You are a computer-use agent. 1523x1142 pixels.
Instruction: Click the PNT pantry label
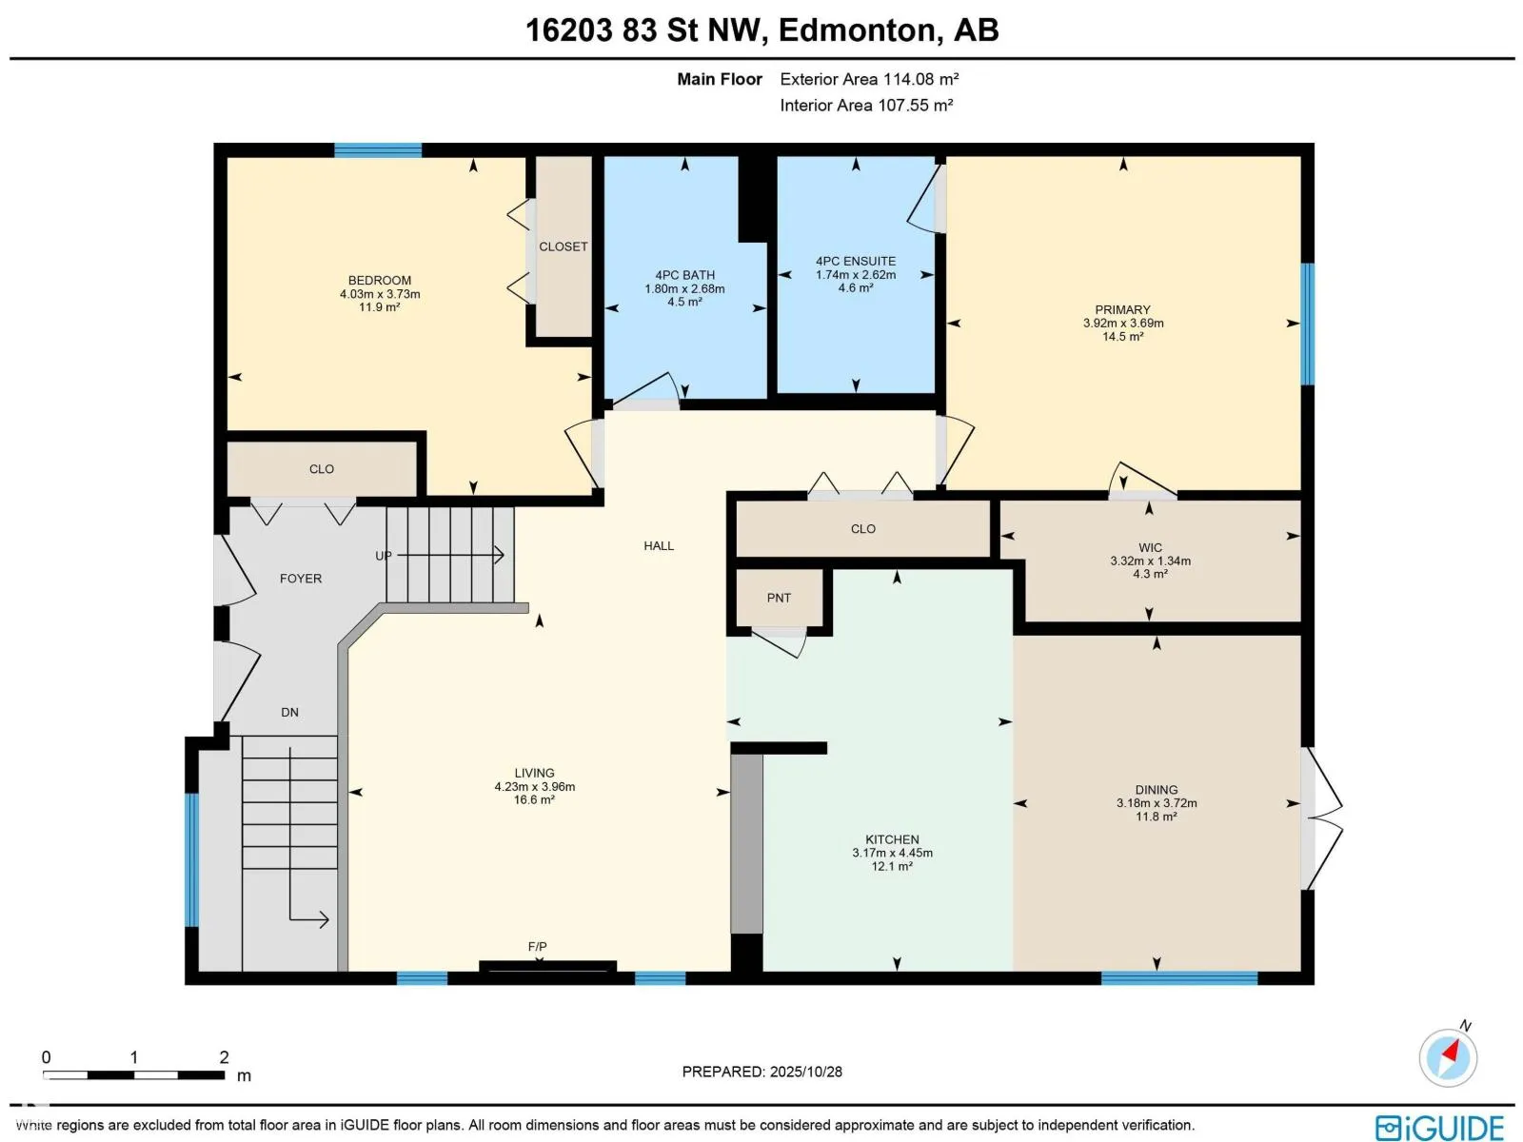779,598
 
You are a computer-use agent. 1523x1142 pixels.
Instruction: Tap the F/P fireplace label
537,947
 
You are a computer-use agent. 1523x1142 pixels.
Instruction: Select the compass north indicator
1448,1056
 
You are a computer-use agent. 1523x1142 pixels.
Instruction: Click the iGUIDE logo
1439,1128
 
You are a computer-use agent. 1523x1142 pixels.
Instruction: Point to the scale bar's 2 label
224,1056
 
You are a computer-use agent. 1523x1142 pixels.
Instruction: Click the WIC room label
1150,548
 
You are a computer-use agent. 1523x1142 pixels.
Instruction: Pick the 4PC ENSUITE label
856,261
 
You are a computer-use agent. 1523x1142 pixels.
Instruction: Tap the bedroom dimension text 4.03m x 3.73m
380,294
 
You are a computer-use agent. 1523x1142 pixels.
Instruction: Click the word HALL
659,545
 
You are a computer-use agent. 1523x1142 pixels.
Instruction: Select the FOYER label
301,579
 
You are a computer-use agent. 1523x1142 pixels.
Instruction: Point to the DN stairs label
289,712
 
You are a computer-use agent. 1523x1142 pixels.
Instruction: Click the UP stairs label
383,556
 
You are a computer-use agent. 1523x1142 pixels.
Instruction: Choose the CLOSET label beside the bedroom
563,246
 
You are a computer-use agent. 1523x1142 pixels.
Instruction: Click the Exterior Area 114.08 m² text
869,79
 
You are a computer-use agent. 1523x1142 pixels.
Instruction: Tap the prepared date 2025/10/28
805,1072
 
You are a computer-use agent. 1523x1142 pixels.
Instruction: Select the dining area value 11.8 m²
1156,817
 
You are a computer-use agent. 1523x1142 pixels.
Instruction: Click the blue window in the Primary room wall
1307,324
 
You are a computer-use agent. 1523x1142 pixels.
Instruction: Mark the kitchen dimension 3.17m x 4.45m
892,853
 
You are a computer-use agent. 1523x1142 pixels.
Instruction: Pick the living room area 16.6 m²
534,799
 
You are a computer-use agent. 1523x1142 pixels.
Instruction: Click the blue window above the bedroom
378,149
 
